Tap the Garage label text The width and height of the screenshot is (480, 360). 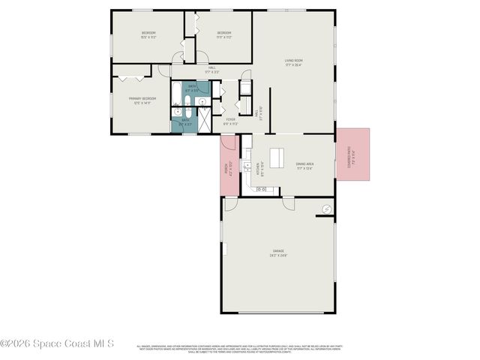[x=278, y=253]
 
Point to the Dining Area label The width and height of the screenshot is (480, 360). [x=304, y=165]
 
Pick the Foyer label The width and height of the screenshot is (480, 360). [x=230, y=121]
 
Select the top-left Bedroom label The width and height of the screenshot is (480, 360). [x=148, y=34]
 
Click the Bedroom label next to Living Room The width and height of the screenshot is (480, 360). [x=223, y=34]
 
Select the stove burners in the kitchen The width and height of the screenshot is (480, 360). [x=262, y=189]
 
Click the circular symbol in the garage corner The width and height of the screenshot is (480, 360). [x=327, y=208]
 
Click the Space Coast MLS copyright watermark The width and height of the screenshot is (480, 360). [x=57, y=344]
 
